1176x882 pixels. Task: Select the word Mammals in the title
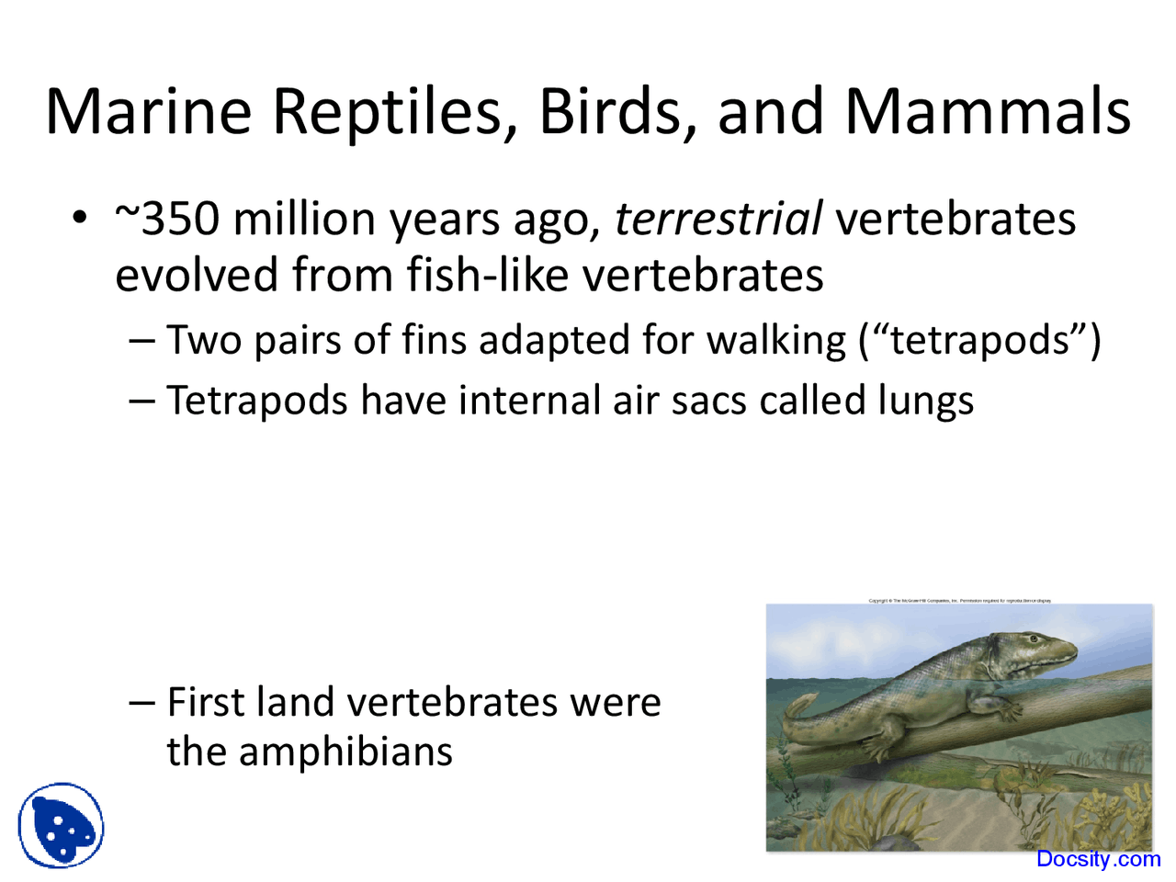(988, 111)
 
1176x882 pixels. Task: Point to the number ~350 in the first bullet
(167, 219)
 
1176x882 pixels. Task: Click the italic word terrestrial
(718, 219)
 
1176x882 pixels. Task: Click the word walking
(776, 340)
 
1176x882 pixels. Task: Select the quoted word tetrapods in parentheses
(980, 340)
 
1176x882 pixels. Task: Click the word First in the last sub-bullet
(207, 703)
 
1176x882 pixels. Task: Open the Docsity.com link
(1098, 859)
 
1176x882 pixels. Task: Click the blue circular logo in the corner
(61, 825)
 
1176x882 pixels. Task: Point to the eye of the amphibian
(1036, 639)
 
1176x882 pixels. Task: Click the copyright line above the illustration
(959, 600)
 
